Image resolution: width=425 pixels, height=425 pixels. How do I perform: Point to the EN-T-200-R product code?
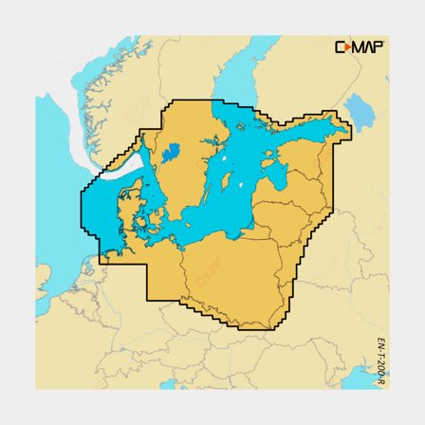click(380, 360)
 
